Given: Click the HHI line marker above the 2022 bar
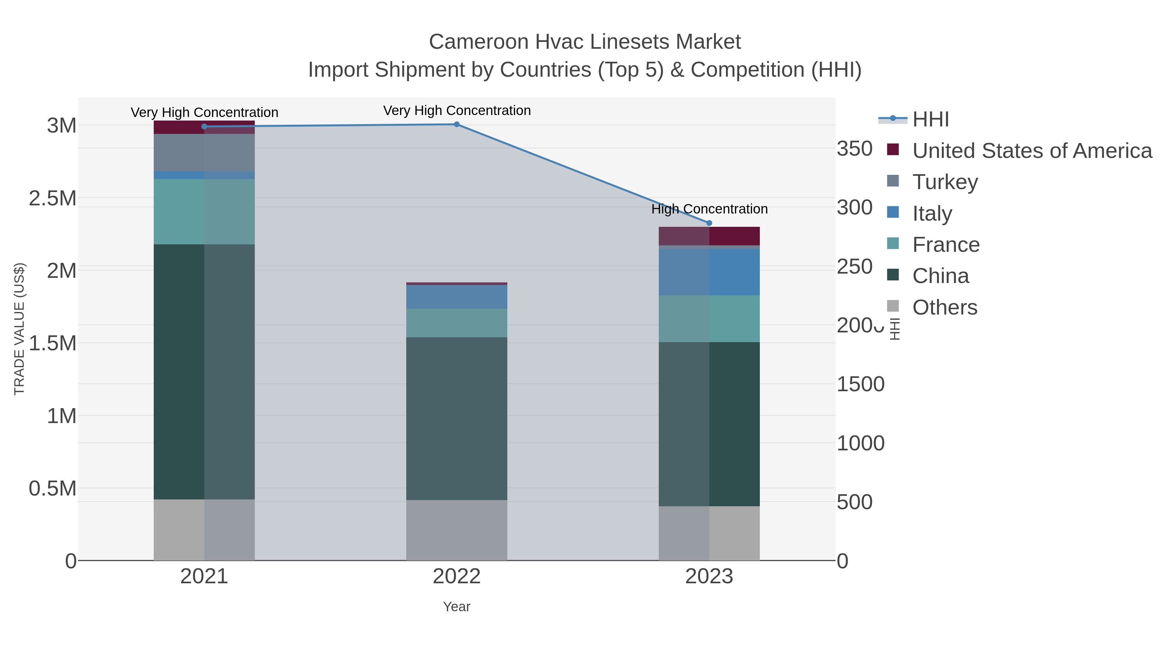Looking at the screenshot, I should click(x=457, y=124).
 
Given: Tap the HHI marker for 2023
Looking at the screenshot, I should click(x=709, y=223).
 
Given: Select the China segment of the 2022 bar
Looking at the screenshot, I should click(x=457, y=418).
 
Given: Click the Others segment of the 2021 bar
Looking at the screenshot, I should click(x=204, y=530).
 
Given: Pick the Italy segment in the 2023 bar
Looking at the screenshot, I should click(x=709, y=272).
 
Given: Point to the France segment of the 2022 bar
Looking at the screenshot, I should click(x=457, y=323).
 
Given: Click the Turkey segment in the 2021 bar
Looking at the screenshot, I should click(x=204, y=152).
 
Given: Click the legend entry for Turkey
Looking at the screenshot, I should click(x=945, y=182).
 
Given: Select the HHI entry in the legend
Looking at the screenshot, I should click(x=930, y=120).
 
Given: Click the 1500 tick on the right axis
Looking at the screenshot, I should click(x=860, y=384).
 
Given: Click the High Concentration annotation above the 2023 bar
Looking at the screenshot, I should click(x=709, y=209).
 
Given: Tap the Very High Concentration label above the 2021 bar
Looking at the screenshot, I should click(x=204, y=112).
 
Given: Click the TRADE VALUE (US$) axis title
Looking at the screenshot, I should click(x=19, y=329).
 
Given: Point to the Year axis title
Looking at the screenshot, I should click(x=457, y=607).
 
